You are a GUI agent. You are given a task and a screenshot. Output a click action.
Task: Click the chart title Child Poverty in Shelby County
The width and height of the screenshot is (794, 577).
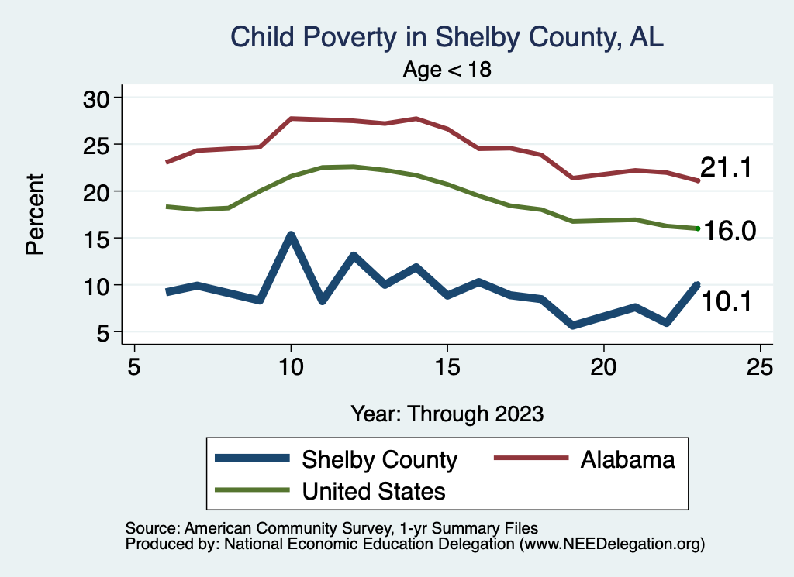click(x=447, y=37)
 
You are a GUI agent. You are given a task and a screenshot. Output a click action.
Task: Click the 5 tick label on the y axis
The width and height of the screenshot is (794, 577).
click(x=104, y=332)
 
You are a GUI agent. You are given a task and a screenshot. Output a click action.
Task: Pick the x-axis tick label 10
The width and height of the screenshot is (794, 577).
click(x=291, y=366)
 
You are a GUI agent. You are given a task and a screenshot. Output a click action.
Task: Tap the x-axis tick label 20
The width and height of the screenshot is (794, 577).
click(x=603, y=366)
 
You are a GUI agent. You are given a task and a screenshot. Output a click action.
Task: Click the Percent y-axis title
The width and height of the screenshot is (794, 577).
click(x=34, y=215)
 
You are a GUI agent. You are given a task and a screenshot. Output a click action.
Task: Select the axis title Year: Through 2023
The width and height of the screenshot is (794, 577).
click(x=447, y=413)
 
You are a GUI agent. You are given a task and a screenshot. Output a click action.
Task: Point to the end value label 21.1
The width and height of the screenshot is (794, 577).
click(x=726, y=167)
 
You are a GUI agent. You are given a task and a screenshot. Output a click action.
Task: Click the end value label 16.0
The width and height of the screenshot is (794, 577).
click(x=729, y=231)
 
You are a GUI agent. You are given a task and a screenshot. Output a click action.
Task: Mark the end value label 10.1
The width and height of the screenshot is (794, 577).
click(x=726, y=301)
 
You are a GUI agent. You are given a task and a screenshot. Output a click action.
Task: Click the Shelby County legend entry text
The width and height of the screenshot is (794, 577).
click(x=380, y=460)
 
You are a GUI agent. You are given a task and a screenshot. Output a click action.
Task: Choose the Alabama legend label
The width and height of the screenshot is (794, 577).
click(x=627, y=460)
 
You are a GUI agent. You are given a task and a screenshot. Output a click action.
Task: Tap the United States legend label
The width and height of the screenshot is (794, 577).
click(x=374, y=491)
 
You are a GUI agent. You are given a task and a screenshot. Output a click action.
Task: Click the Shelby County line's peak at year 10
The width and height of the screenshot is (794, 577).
click(x=291, y=235)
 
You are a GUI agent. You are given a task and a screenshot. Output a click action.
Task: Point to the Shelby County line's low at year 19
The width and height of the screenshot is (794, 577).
click(x=572, y=325)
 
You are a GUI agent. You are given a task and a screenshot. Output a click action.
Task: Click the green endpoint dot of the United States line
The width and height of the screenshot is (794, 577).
click(x=698, y=228)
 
